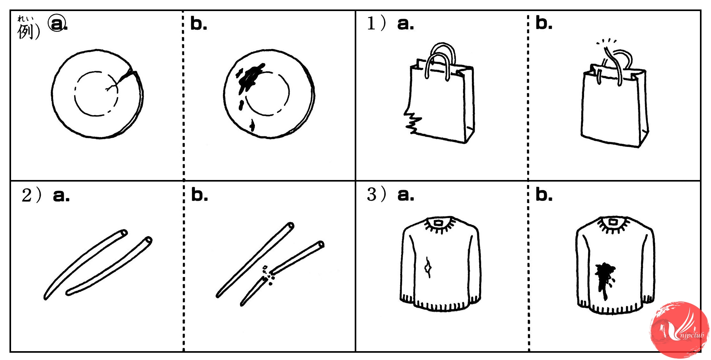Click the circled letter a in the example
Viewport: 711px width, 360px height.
57,23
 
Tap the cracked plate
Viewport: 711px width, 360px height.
97,94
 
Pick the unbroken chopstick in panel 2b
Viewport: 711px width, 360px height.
255,260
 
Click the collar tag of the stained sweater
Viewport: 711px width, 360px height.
613,222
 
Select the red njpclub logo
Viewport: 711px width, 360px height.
679,330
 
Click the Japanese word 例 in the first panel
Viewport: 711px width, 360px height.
25,32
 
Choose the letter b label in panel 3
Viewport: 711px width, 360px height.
544,195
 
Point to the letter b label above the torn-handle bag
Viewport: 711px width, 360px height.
544,23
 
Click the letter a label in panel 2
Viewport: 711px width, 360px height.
61,196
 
